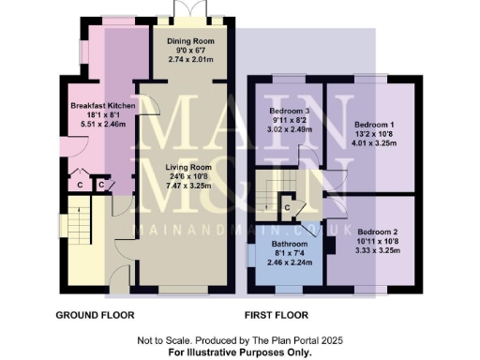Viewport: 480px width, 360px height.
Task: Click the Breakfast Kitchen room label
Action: (103, 106)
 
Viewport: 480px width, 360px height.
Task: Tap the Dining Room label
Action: (190, 42)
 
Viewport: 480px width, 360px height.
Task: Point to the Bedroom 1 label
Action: (374, 125)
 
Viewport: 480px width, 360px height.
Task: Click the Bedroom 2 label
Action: (378, 232)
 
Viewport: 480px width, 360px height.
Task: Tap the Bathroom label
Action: (282, 244)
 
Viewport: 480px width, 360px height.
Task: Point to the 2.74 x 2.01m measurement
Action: (190, 59)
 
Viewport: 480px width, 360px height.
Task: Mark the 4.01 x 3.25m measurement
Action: (374, 143)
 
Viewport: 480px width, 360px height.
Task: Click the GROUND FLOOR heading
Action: (96, 314)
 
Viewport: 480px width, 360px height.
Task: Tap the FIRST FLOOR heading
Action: (277, 314)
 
